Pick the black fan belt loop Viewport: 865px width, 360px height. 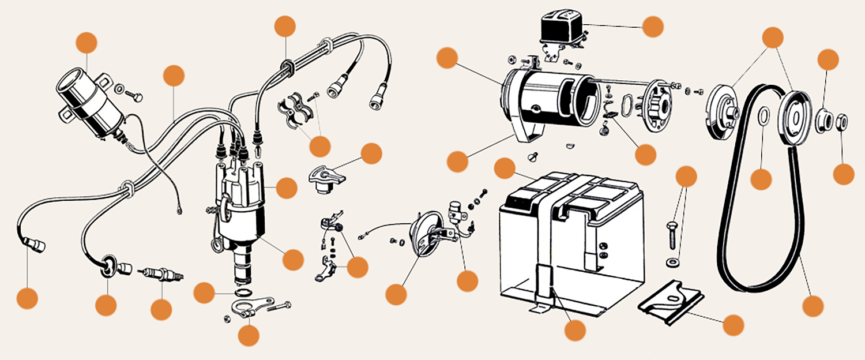755,190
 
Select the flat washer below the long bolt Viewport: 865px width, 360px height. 672,263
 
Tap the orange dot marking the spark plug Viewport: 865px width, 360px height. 161,309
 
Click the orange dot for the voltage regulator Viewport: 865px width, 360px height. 653,27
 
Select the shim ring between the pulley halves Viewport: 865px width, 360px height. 761,115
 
